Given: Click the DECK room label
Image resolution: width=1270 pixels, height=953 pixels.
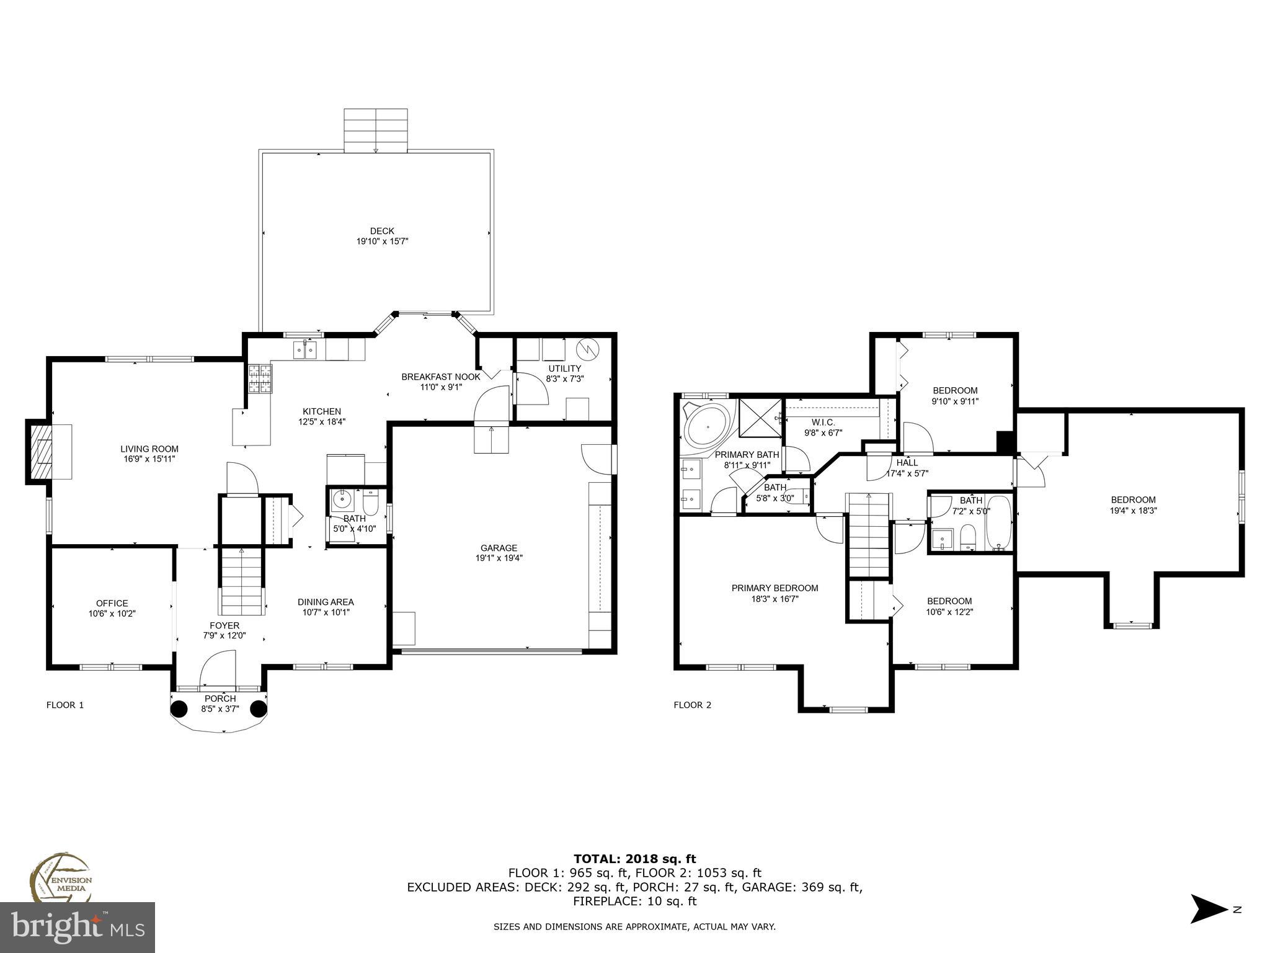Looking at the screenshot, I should point(382,231).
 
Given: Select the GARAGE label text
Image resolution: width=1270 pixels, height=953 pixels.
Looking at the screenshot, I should point(499,548).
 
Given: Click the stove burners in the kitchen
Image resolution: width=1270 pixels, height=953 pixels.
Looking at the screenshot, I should point(260,378).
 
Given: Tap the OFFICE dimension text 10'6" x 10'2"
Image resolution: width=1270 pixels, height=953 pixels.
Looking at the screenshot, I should point(112,613).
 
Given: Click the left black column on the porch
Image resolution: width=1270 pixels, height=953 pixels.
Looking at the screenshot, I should point(179,709).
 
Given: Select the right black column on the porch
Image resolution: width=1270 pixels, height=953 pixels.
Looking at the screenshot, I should point(258,709).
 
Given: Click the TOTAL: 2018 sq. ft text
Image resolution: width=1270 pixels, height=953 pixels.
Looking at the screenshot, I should point(634,859).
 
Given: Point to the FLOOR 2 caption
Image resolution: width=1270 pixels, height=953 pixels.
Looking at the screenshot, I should point(692,705).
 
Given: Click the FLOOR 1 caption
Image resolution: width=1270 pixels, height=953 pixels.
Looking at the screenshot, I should point(65,705).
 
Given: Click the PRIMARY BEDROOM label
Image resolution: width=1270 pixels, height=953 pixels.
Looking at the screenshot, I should point(775,588).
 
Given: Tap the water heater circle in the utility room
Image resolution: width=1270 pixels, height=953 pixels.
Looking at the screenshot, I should point(586,349).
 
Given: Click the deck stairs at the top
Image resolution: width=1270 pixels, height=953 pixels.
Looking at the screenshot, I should point(376,130).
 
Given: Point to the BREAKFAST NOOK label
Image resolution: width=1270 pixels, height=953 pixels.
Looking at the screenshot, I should point(440,377).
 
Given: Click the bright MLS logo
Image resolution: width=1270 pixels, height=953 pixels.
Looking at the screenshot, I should point(78,928).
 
